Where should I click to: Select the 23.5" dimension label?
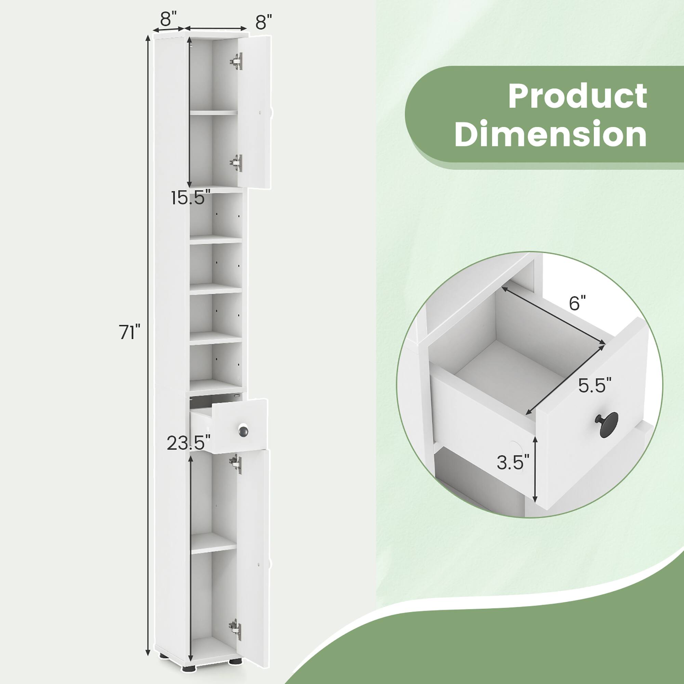(x=188, y=443)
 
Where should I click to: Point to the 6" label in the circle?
(x=577, y=304)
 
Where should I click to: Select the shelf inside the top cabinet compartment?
(x=213, y=113)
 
